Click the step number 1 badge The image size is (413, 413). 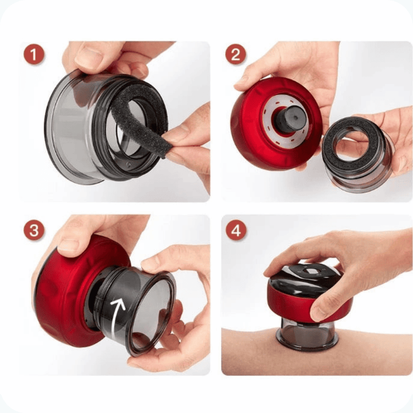point(34,54)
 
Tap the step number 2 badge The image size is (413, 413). point(236,54)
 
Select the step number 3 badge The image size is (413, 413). point(34,230)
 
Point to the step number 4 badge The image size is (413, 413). point(236,230)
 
